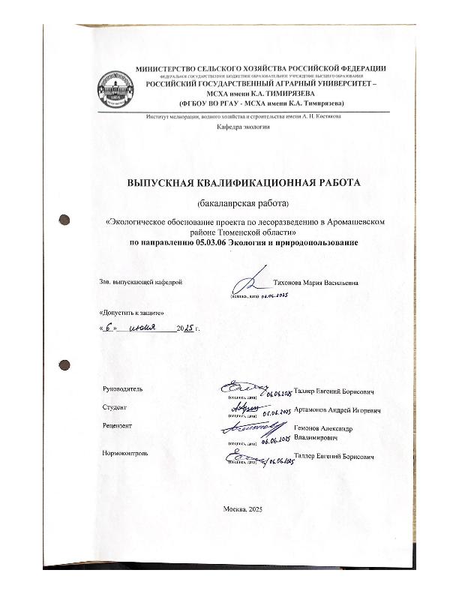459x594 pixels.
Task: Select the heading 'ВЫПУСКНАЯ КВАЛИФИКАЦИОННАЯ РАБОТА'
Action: tap(244, 182)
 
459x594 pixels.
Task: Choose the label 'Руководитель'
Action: tap(121, 388)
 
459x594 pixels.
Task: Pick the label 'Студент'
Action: tap(114, 407)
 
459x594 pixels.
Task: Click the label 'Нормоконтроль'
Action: tap(124, 453)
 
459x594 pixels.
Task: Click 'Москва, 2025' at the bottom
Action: tap(243, 509)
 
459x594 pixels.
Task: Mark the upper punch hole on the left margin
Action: tap(65, 220)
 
